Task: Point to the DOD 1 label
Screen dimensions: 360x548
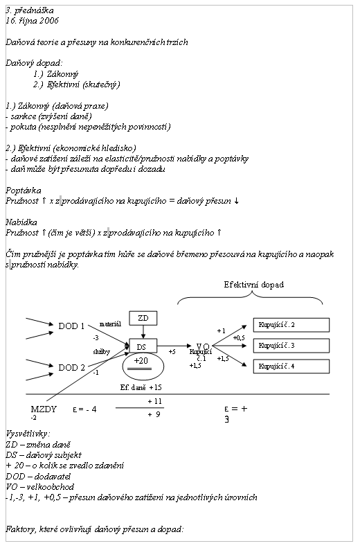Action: (x=71, y=326)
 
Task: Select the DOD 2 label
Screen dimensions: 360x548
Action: (x=71, y=367)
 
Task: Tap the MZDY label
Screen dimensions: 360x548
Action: (x=44, y=409)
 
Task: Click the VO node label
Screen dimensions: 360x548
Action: (x=203, y=346)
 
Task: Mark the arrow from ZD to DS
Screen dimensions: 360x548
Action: (x=143, y=332)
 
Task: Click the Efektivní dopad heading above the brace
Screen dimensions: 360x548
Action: (x=254, y=285)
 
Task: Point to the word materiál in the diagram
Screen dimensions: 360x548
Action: (x=110, y=324)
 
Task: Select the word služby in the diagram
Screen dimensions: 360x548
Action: (x=102, y=351)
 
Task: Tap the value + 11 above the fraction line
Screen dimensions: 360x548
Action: (x=154, y=401)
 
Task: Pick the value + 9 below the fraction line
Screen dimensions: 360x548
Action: (x=154, y=414)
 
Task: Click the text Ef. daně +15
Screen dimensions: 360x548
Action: (x=141, y=387)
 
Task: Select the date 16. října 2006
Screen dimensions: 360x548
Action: (x=32, y=21)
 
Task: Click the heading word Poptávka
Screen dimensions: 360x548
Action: (x=24, y=191)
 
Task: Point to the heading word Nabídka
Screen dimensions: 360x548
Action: (x=21, y=222)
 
